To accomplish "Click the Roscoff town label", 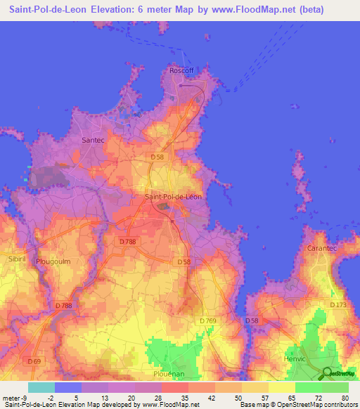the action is point(181,70).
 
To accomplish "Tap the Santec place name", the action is point(93,140).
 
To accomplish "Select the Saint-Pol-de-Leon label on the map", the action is point(173,197).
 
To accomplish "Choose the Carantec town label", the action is point(323,249).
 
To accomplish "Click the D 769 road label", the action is point(209,321).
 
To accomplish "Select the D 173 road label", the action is point(339,304).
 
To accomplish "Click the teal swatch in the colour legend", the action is point(41,387).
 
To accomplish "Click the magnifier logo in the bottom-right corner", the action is point(328,372).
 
